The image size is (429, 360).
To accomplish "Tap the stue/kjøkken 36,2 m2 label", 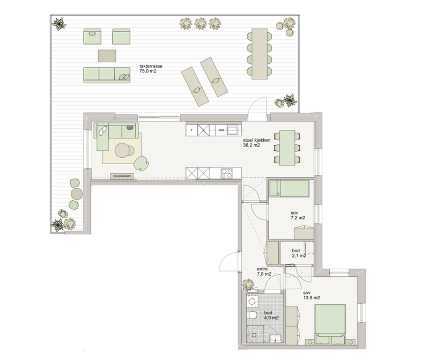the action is pyautogui.click(x=256, y=143).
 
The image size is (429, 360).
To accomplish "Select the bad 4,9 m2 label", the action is pyautogui.click(x=271, y=315).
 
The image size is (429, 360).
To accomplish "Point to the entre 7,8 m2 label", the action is pyautogui.click(x=264, y=271).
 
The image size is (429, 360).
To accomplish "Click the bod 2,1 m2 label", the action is pyautogui.click(x=299, y=253).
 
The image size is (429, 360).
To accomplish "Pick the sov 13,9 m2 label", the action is pyautogui.click(x=312, y=295).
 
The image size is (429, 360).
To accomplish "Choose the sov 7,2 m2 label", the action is pyautogui.click(x=298, y=215).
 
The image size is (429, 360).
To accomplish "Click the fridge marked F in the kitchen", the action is pyautogui.click(x=191, y=130).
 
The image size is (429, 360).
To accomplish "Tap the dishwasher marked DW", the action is pyautogui.click(x=221, y=130).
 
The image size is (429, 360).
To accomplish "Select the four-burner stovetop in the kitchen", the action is pyautogui.click(x=226, y=173).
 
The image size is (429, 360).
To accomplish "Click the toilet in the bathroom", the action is pyautogui.click(x=251, y=315).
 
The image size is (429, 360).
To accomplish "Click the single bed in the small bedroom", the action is pyautogui.click(x=289, y=188).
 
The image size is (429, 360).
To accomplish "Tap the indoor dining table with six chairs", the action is pyautogui.click(x=287, y=148).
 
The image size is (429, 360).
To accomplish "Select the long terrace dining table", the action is pyautogui.click(x=260, y=54).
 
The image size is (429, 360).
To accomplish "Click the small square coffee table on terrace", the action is pyautogui.click(x=107, y=56).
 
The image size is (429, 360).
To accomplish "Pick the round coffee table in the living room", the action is pyautogui.click(x=123, y=150).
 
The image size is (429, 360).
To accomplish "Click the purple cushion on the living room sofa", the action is pyautogui.click(x=130, y=127).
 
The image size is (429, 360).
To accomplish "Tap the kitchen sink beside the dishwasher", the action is pyautogui.click(x=233, y=130).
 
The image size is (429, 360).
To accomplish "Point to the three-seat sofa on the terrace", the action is pyautogui.click(x=107, y=75).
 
